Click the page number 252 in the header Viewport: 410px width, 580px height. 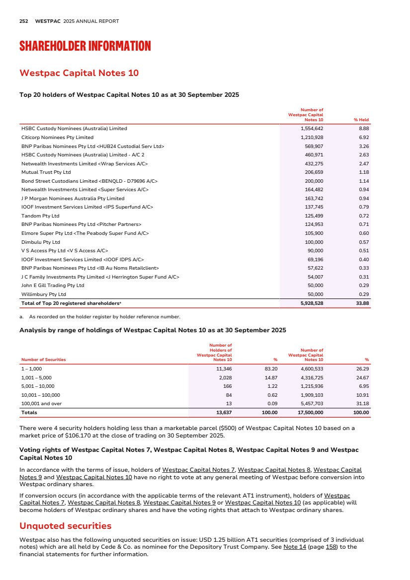coord(23,21)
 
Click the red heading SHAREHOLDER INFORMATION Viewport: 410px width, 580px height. coord(85,47)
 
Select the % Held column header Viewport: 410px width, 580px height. coord(361,120)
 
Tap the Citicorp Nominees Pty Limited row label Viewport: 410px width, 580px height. coord(57,137)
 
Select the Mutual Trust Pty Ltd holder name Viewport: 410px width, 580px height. coord(46,172)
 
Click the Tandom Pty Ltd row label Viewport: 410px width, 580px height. coord(40,216)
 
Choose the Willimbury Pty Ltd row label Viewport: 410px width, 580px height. coord(46,294)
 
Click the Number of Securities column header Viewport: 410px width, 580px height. coord(43,359)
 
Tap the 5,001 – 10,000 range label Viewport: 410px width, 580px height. coord(38,386)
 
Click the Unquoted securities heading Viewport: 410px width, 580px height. coord(65,525)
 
